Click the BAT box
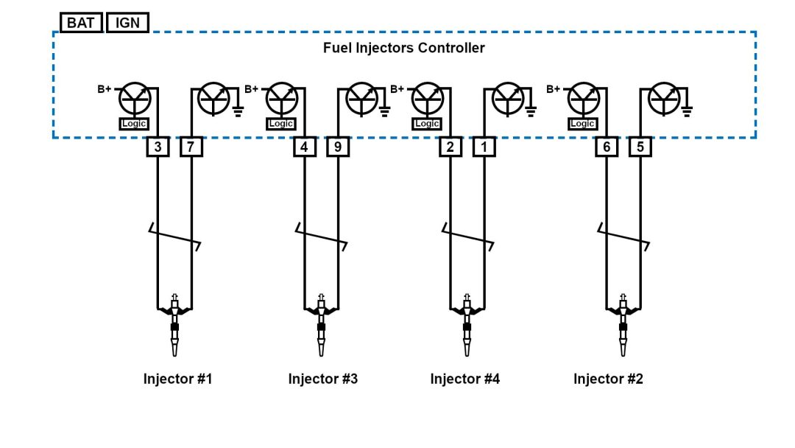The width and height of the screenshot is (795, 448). pos(81,23)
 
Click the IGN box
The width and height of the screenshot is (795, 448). pos(127,23)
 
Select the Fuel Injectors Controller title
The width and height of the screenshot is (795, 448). pos(403,48)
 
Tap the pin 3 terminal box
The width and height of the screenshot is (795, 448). pos(158,147)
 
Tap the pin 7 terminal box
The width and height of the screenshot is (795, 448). pos(191,147)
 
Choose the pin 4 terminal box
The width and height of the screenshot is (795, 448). pos(304,147)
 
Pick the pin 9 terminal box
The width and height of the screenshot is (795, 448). pos(337,147)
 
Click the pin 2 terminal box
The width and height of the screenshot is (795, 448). pos(450,147)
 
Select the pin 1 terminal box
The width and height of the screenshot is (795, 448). pos(484,147)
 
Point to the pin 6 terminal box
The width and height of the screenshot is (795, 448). pos(607,147)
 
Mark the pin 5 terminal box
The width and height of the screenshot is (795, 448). pos(640,147)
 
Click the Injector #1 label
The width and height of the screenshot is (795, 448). pos(177,379)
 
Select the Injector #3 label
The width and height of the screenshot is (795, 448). pos(322,379)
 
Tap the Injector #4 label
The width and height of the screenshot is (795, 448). pos(464,379)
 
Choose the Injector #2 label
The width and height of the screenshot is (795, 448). pos(608,379)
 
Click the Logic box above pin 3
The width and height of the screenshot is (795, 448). pos(134,124)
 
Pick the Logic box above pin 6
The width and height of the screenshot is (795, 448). pos(582,124)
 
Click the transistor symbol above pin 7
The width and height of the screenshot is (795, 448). pos(214,99)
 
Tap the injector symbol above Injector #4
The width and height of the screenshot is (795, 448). pos(467,324)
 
